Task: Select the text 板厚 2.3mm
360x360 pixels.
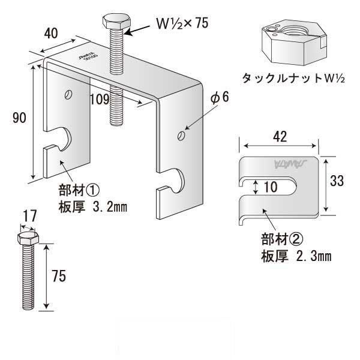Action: tap(296, 256)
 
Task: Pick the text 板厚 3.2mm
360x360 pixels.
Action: tap(94, 208)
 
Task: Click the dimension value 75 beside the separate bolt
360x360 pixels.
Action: tap(59, 276)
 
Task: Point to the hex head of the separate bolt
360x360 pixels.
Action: tap(28, 239)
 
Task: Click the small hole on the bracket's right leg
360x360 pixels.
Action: tap(181, 136)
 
